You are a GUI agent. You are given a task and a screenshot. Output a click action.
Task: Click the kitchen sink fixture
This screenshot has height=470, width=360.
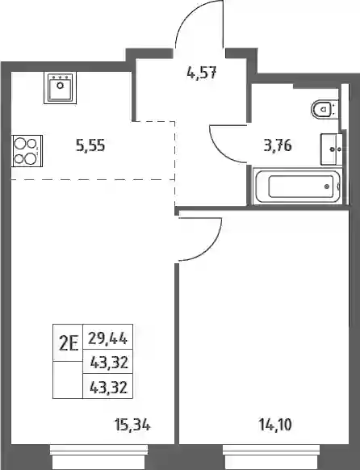[x=61, y=88]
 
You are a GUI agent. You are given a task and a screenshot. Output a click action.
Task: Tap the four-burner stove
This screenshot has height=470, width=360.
[x=27, y=151]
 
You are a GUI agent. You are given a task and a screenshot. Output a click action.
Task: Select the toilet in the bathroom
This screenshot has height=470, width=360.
[x=325, y=108]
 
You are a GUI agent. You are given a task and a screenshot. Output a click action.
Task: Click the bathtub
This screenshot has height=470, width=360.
[x=297, y=187]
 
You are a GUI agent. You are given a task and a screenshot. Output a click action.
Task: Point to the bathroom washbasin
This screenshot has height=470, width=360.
[x=332, y=149]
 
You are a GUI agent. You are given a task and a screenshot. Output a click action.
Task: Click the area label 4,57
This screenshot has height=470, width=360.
[x=201, y=73]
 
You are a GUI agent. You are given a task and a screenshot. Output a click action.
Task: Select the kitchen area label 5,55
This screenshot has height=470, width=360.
[x=90, y=146]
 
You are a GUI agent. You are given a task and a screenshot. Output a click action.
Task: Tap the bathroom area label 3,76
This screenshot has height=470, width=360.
[x=278, y=146]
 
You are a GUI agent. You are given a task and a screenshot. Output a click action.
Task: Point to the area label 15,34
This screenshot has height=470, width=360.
[x=132, y=425]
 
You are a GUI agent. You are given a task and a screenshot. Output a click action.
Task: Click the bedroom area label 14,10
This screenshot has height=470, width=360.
[x=275, y=425]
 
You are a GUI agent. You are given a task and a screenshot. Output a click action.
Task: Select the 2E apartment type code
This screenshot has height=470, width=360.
[x=69, y=343]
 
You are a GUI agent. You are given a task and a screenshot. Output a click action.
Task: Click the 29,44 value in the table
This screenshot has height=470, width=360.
[x=108, y=339]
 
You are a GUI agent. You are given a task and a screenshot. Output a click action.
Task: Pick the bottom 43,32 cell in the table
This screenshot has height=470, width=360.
[x=109, y=387]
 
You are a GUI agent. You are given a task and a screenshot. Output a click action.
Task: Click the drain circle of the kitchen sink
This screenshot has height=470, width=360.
[x=61, y=86]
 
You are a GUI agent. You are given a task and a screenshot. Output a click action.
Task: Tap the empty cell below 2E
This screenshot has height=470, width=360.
[x=68, y=380]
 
